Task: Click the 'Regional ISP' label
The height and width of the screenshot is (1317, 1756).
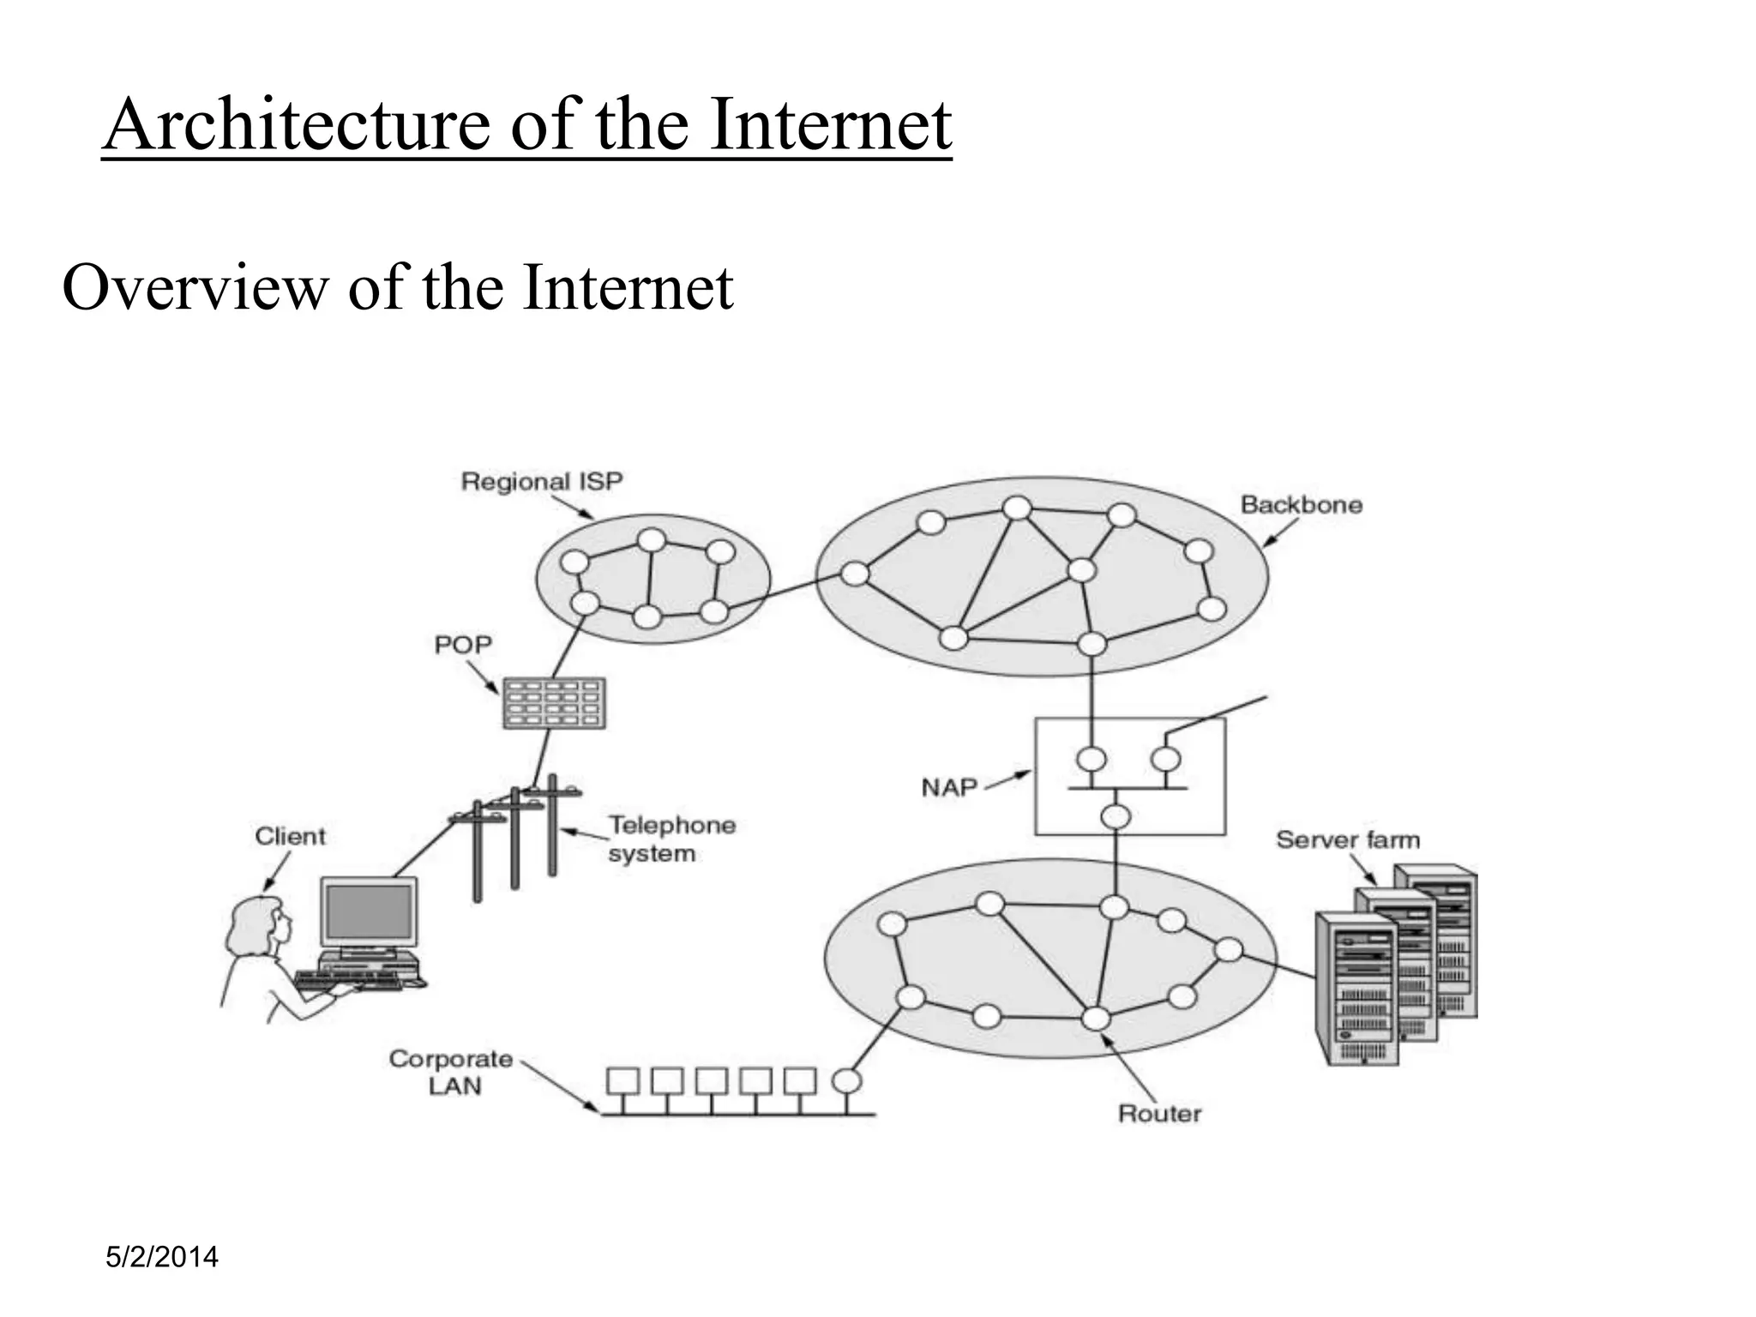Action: point(541,481)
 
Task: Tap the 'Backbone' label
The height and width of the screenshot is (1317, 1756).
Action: point(1301,504)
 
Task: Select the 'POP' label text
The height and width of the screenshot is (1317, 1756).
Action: point(463,644)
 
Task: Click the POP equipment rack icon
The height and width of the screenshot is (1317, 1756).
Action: point(554,703)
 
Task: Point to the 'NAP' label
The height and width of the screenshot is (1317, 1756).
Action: point(949,786)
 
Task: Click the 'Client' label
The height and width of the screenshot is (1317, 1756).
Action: point(291,836)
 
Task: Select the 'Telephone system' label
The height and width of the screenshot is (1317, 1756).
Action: point(671,839)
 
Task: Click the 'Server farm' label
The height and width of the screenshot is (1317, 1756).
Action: point(1347,839)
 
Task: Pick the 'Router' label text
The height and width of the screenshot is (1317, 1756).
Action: point(1159,1114)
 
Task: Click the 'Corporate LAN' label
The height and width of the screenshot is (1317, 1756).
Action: point(451,1072)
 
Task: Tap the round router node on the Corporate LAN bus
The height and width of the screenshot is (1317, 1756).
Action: point(846,1080)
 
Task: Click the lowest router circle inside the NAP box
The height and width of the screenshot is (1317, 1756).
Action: point(1116,815)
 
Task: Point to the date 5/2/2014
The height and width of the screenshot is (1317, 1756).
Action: point(161,1257)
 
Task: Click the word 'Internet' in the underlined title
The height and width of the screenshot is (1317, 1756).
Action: point(831,125)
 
